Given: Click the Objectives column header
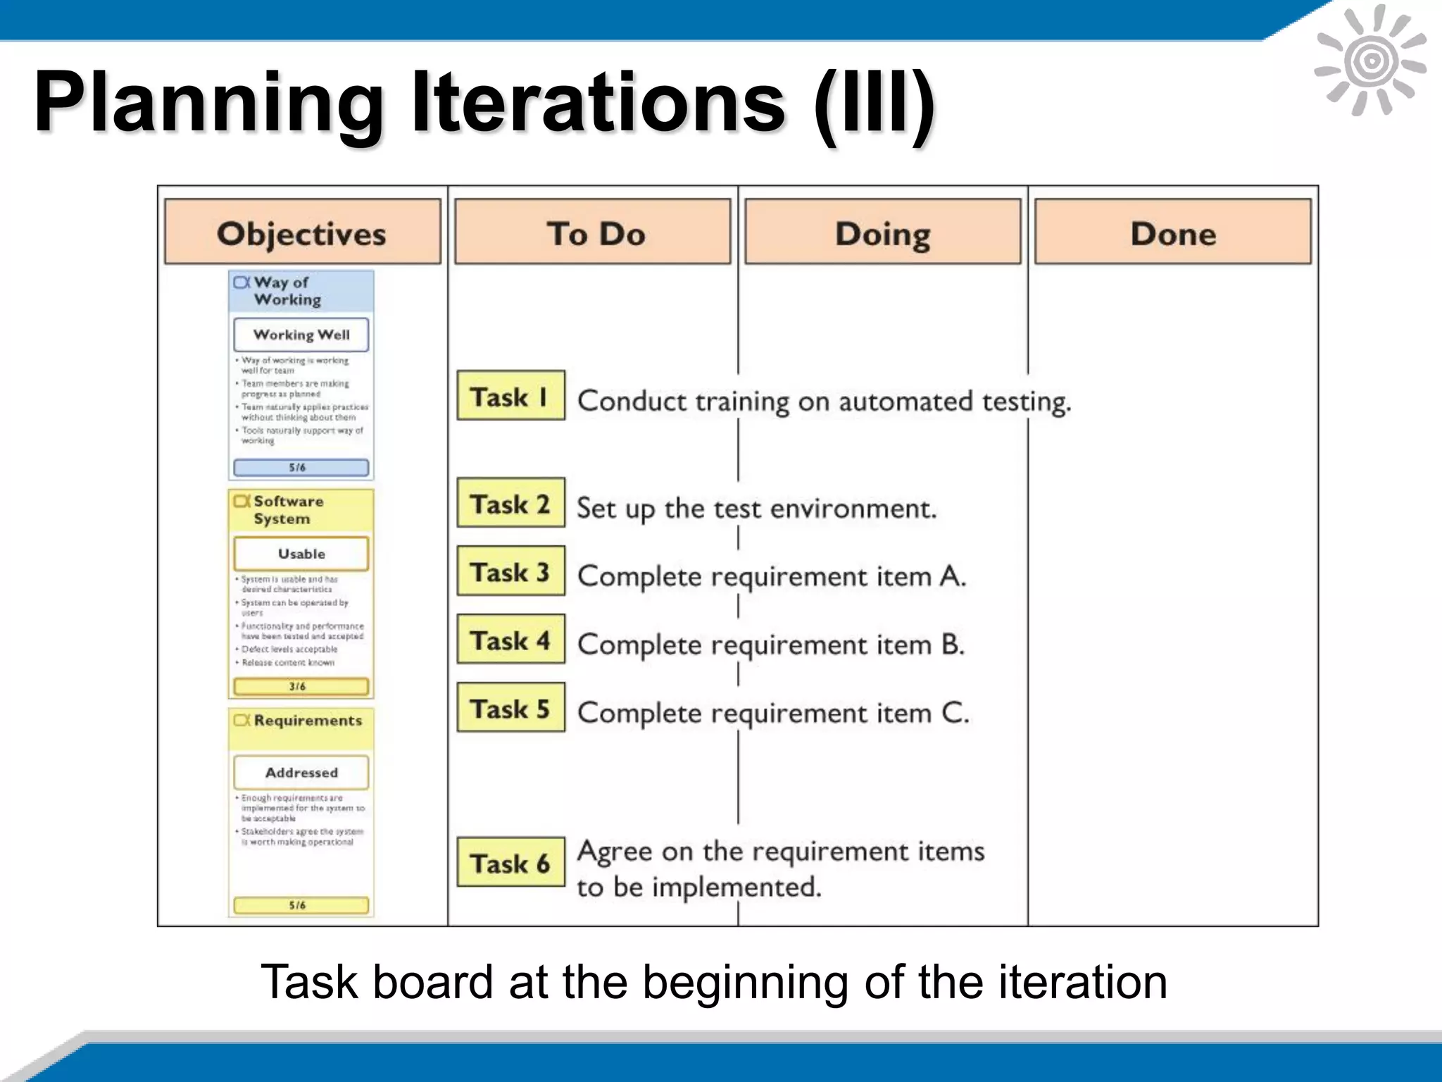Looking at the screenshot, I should point(302,232).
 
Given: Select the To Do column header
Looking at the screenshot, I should point(592,232).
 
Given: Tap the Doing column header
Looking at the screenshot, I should point(882,232).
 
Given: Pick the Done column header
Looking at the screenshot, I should point(1172,232).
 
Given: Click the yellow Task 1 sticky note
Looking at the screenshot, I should point(510,396).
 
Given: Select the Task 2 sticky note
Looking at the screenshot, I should point(510,503).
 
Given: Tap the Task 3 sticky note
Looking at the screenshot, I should point(510,571).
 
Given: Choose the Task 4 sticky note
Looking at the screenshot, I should point(510,640).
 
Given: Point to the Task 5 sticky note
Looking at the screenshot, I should point(510,707).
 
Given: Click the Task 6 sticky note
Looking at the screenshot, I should point(510,862).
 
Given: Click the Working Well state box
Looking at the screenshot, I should point(301,335).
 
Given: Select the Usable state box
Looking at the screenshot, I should point(301,554).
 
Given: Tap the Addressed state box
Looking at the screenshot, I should point(301,773).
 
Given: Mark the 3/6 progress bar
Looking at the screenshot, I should point(301,686).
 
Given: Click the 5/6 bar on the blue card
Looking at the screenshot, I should point(301,467).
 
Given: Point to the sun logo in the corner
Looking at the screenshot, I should point(1370,62).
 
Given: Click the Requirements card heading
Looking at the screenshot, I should point(308,721).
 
